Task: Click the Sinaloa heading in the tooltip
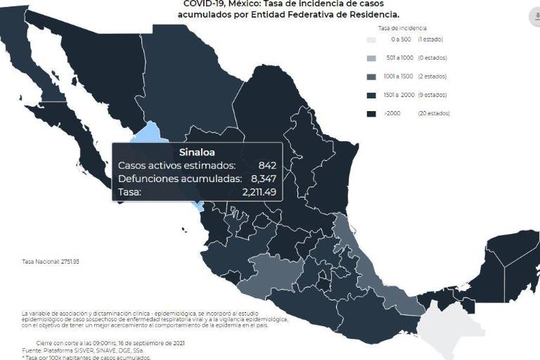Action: [197, 152]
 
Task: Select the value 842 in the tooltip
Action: [266, 165]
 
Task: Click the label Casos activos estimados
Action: [176, 165]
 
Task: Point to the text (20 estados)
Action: [433, 112]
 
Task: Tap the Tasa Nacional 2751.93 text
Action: [41, 262]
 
